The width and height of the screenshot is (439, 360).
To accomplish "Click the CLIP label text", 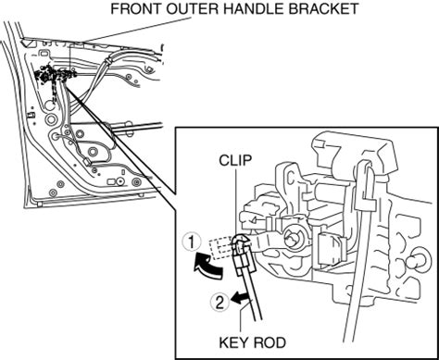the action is pyautogui.click(x=235, y=160).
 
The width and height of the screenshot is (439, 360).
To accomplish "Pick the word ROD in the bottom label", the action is pyautogui.click(x=269, y=342).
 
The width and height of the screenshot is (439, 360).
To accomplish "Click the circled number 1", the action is pyautogui.click(x=192, y=242).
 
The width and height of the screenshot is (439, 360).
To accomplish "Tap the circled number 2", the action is pyautogui.click(x=219, y=303).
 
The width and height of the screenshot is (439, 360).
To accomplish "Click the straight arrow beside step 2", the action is pyautogui.click(x=242, y=298).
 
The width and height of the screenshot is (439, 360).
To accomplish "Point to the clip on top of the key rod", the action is pyautogui.click(x=242, y=243).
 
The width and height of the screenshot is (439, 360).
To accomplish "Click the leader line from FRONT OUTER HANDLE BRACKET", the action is pyautogui.click(x=136, y=30).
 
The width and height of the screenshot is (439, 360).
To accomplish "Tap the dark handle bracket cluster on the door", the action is pyautogui.click(x=54, y=76).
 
